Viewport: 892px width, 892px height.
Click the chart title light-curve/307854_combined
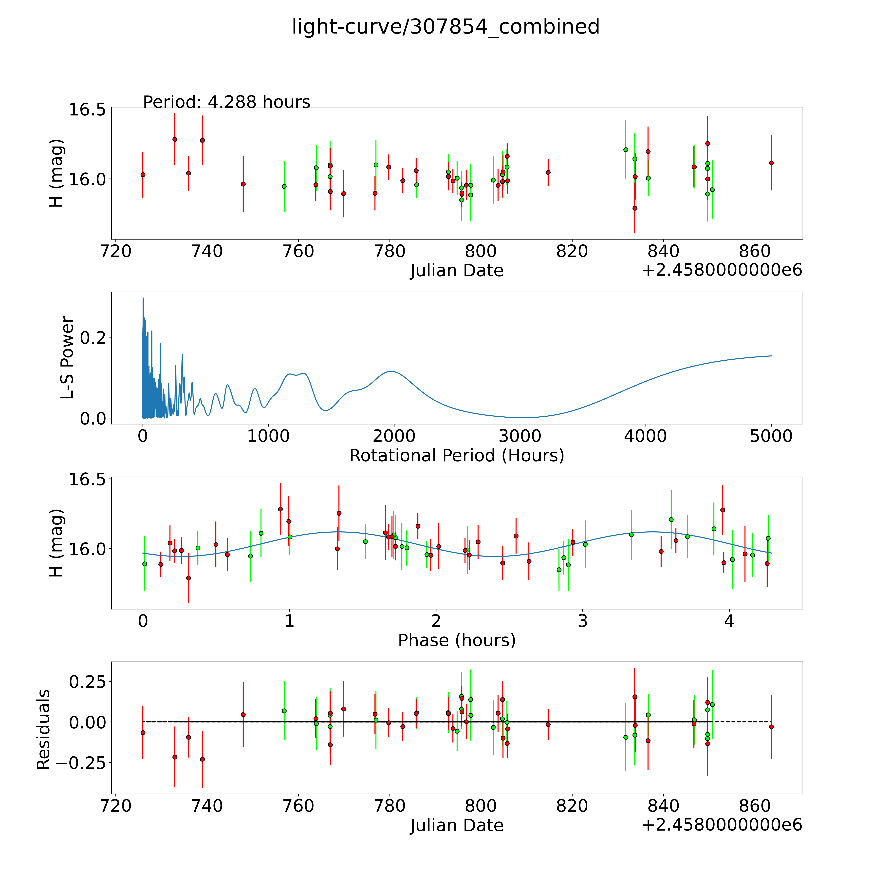point(446,27)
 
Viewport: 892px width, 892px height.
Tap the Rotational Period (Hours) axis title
point(457,456)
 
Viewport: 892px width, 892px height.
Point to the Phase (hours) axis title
point(457,640)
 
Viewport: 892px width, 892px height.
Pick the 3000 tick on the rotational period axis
point(520,436)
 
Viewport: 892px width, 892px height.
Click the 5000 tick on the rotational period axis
point(771,436)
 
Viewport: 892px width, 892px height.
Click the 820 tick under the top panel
point(572,252)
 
